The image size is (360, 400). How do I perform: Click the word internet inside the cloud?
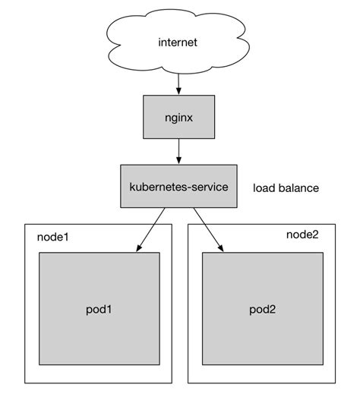tap(178, 43)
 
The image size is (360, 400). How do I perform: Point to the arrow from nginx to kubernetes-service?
tap(178, 150)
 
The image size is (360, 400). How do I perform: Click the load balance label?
tap(286, 187)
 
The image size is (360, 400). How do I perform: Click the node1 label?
tap(53, 237)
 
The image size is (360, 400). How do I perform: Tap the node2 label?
tap(302, 234)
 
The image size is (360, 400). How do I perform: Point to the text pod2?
tap(262, 310)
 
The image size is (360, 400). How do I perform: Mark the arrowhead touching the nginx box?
tap(178, 90)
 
